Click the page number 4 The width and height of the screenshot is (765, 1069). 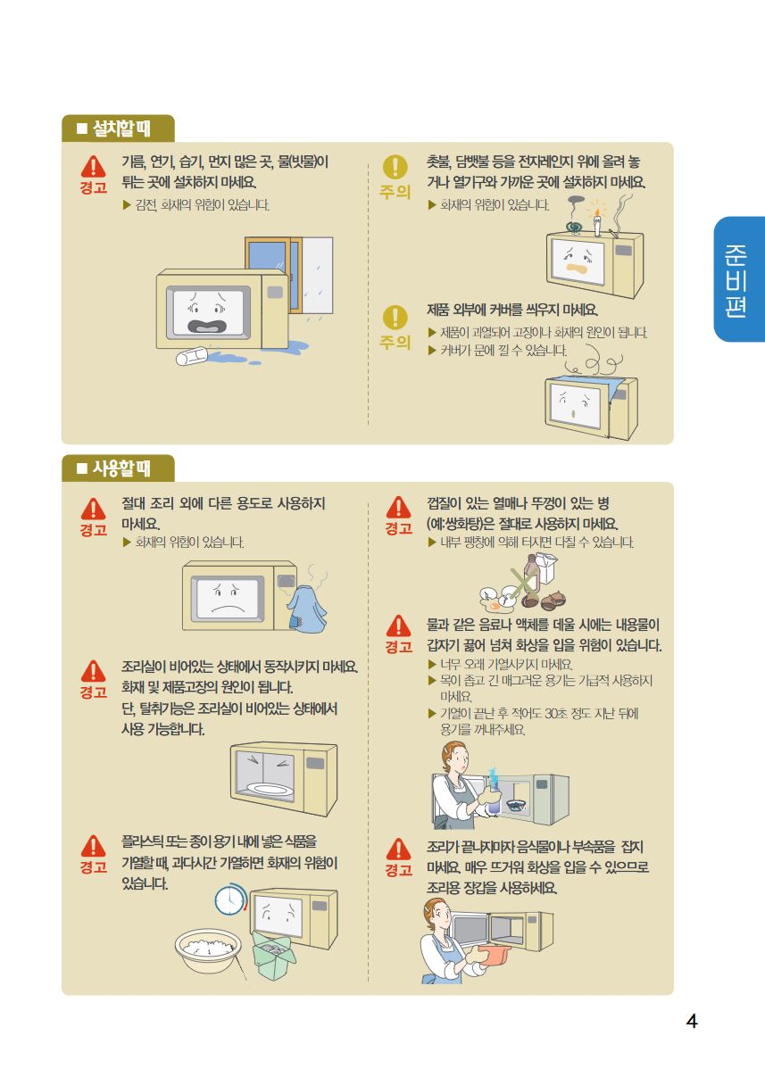click(692, 1021)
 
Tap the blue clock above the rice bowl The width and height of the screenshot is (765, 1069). click(230, 900)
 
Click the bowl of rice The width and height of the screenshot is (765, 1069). click(208, 949)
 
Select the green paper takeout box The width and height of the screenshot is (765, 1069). click(274, 954)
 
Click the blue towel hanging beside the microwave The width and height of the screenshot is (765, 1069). click(307, 609)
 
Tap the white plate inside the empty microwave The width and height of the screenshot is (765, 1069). click(270, 790)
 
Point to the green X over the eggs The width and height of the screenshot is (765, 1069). click(522, 584)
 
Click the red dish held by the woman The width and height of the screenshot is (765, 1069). click(495, 954)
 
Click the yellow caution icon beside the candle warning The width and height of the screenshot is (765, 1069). click(395, 167)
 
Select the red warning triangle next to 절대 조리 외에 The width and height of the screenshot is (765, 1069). click(94, 510)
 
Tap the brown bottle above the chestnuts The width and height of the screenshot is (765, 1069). click(531, 574)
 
